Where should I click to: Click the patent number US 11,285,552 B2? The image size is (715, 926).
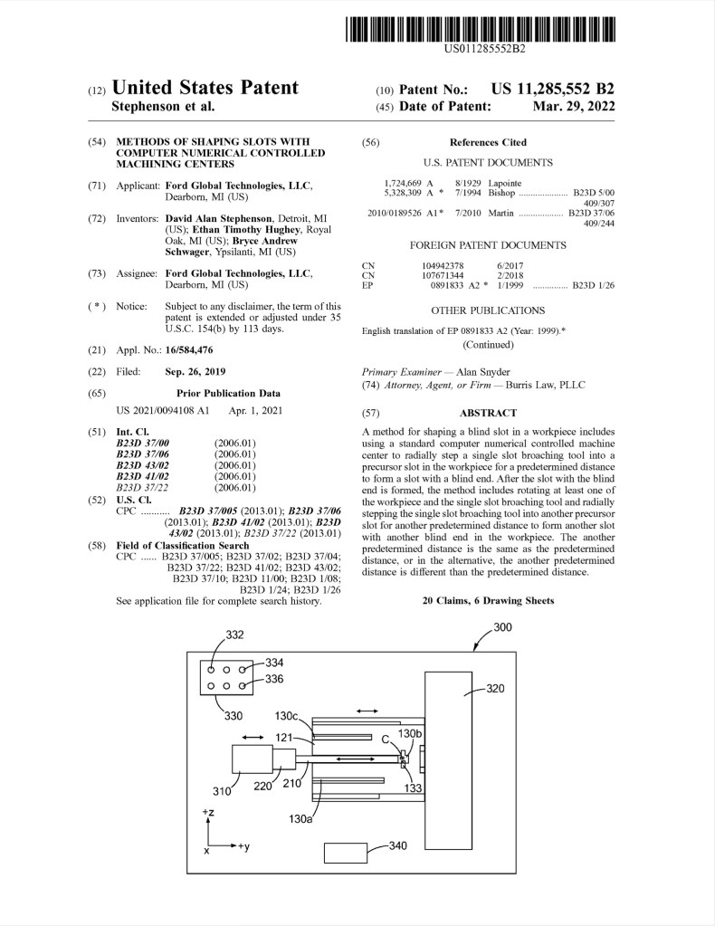[553, 89]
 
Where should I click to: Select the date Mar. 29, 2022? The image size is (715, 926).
[574, 106]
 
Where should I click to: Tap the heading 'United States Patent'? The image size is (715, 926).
[205, 88]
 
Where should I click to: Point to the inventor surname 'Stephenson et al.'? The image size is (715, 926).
[163, 106]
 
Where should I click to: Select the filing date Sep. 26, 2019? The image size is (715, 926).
[195, 372]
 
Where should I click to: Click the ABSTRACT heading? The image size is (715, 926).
[488, 413]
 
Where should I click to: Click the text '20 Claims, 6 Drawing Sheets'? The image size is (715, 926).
[488, 600]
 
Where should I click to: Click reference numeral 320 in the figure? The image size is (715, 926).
[495, 688]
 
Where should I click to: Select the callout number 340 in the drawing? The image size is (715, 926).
[398, 845]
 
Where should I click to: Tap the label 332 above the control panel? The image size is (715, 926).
[234, 635]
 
